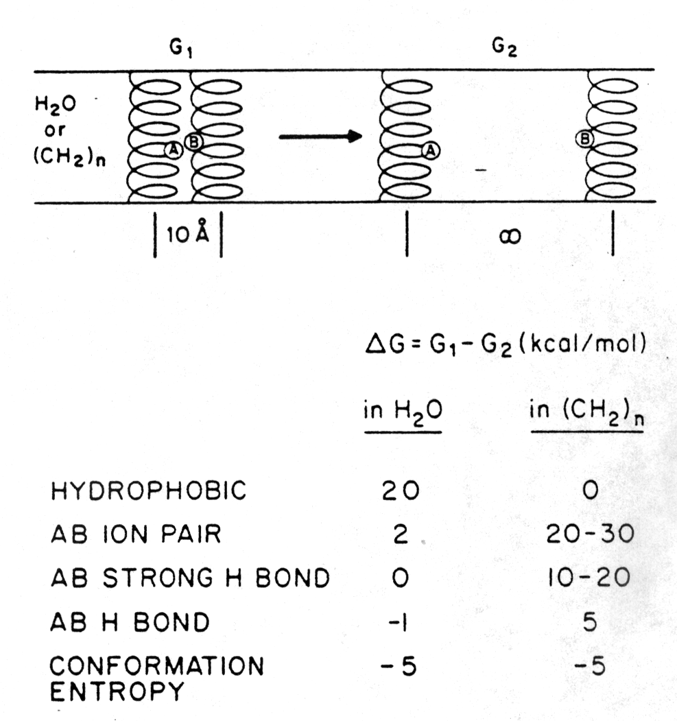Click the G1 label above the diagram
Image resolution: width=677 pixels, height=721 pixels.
coord(180,50)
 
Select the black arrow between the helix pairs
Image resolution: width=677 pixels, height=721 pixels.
coord(320,136)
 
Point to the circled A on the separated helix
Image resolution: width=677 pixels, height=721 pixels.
coord(431,150)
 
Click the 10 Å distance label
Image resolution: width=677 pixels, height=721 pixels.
coord(189,238)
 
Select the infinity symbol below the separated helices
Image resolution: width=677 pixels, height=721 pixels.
coord(509,237)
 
